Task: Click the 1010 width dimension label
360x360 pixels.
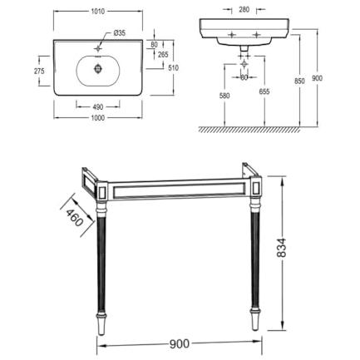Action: [97, 12]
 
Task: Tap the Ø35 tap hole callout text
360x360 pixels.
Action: [120, 33]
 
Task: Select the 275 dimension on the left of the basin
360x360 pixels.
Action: [39, 72]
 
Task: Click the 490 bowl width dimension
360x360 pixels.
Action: [98, 106]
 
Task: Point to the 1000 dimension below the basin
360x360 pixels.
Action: [98, 118]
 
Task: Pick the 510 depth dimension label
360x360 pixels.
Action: [174, 68]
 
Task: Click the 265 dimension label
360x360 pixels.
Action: [163, 55]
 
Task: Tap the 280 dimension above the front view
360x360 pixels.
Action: [244, 10]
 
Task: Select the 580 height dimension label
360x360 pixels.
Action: [224, 96]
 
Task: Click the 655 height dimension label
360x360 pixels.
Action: [264, 91]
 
